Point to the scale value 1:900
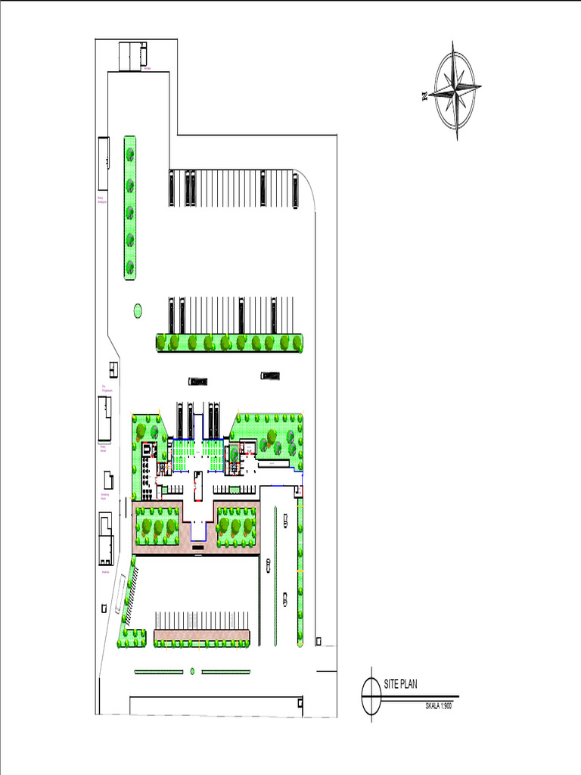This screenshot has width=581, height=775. pos(443,705)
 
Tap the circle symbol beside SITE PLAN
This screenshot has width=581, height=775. pos(371,694)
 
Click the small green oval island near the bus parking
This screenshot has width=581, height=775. pos(138,310)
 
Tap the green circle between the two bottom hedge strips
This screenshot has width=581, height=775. pos(192,671)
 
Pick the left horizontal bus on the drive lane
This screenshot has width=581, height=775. pos(198,381)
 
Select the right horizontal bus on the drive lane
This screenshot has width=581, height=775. pos(270,375)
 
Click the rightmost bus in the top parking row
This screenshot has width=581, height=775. pos(294,188)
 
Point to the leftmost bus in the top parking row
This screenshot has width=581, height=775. pos(171,188)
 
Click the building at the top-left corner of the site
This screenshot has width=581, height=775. pos(132,56)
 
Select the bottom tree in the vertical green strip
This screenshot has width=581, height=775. pos(130,266)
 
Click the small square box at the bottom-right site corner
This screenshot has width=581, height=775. pos(318,641)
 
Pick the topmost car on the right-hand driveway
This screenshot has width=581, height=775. pos(285,520)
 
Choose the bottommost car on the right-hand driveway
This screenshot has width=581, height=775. pos(284,599)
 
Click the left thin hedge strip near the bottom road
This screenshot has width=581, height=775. pos(159,671)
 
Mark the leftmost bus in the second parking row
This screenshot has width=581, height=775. pos(171,315)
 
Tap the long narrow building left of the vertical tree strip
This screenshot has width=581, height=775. pos(103,163)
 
